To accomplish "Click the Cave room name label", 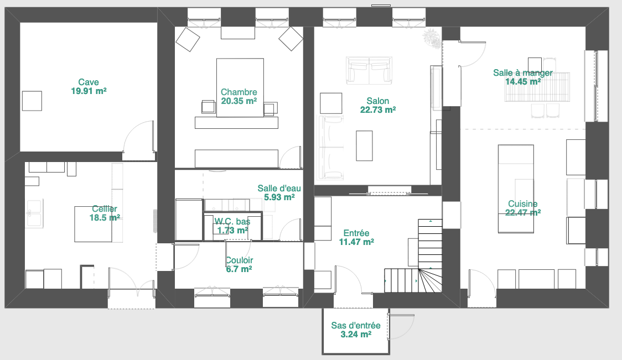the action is coord(89,82).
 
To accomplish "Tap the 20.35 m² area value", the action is coord(239,101).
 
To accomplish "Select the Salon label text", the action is coord(377,101).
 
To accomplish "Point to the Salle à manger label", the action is coord(523,73).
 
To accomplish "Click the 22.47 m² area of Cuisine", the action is coord(523,213).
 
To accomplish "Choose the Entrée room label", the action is coord(356,233).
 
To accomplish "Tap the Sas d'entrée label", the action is coord(356,326).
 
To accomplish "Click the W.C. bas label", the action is coord(232,221).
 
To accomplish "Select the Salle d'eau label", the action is coord(279,189).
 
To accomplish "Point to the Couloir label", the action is coord(239,260).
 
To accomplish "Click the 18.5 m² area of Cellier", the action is coord(105,218).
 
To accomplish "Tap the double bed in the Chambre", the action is coord(240,87).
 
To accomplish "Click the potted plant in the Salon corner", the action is coord(432,39).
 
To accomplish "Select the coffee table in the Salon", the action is coord(364,145).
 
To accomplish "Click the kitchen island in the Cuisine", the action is coord(516,189).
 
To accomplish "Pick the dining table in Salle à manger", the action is coord(537,87).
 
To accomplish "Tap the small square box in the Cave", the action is coord(32,101).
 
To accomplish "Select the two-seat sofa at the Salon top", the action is coord(369,71).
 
